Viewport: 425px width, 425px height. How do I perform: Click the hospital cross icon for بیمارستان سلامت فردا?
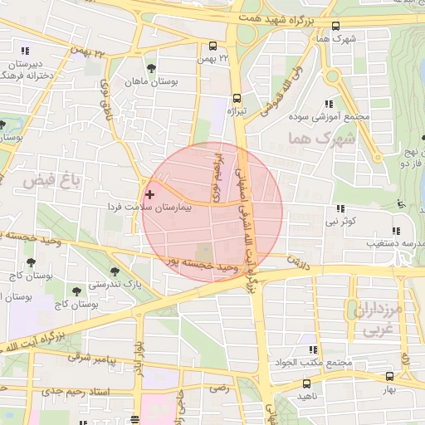coord(149,193)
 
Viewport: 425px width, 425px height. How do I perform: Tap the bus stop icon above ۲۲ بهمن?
coord(213,46)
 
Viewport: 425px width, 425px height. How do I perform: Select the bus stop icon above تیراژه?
coord(237,95)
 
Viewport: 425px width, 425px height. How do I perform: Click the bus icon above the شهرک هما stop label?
coord(335,27)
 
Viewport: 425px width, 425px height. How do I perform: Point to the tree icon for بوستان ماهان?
coord(150,69)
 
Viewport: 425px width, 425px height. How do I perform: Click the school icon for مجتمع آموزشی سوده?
coord(329,105)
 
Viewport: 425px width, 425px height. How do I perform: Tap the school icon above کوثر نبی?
coord(340,209)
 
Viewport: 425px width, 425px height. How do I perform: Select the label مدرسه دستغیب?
coord(390,244)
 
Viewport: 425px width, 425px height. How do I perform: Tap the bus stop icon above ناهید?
coord(307,384)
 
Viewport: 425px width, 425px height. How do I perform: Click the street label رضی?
coord(218,387)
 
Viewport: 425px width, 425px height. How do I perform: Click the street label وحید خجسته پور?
coord(208,266)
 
